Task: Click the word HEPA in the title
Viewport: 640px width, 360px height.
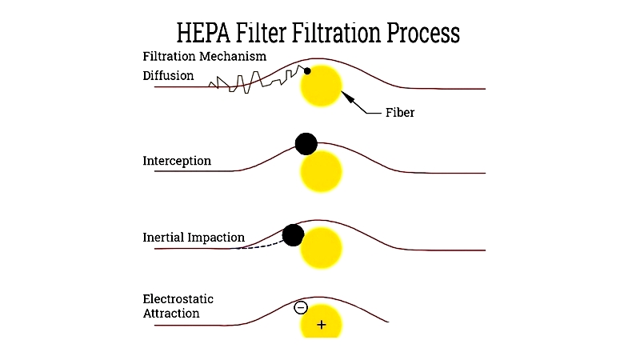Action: coord(203,33)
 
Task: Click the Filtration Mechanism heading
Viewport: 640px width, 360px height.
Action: coord(205,56)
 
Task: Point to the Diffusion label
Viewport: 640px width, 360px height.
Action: coord(168,75)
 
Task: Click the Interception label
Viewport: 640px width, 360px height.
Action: coord(177,161)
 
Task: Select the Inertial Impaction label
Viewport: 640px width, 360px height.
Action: coord(194,237)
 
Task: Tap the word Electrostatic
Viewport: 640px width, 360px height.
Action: coord(178,298)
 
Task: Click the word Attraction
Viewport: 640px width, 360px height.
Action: coord(171,314)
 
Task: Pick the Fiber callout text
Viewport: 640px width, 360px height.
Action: coord(400,112)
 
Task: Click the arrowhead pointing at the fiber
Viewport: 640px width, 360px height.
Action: coord(346,96)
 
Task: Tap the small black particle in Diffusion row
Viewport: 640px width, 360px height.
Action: coord(307,71)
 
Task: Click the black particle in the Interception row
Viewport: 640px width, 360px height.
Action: coord(306,144)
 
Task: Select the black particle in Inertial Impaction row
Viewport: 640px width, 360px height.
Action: coord(293,235)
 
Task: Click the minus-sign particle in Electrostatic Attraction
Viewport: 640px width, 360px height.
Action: coord(301,307)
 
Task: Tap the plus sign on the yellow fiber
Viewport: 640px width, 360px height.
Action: coord(322,325)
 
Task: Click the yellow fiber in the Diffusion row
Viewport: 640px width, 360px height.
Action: coord(321,86)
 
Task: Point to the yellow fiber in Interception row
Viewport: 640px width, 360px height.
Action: coord(321,171)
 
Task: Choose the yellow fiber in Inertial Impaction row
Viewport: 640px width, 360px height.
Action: coord(321,248)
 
